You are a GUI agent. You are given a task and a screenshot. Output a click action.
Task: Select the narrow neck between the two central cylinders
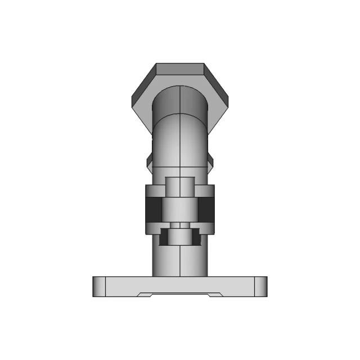[x=179, y=225]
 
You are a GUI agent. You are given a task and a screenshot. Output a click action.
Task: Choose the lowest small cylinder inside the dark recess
[x=179, y=237]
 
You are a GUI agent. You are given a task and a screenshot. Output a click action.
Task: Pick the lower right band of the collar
[x=207, y=227]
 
